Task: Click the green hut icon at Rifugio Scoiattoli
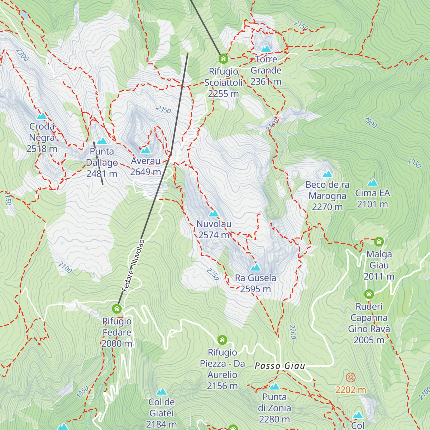pyautogui.click(x=223, y=59)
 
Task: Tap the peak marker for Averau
pyautogui.click(x=145, y=150)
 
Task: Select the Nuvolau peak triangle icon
pyautogui.click(x=214, y=214)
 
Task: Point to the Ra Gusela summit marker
pyautogui.click(x=255, y=268)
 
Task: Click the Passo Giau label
pyautogui.click(x=280, y=366)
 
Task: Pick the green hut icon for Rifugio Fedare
pyautogui.click(x=117, y=309)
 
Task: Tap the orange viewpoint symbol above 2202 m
pyautogui.click(x=350, y=377)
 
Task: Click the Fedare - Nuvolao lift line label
pyautogui.click(x=133, y=266)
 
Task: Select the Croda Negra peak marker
pyautogui.click(x=42, y=116)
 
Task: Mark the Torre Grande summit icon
pyautogui.click(x=266, y=49)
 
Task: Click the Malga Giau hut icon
pyautogui.click(x=379, y=242)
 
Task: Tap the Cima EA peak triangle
pyautogui.click(x=372, y=183)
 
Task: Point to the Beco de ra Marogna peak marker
pyautogui.click(x=327, y=175)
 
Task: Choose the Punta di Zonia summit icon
pyautogui.click(x=274, y=387)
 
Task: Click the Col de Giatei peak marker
pyautogui.click(x=161, y=391)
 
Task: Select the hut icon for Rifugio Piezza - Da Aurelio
pyautogui.click(x=222, y=340)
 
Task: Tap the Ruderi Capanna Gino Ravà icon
pyautogui.click(x=369, y=294)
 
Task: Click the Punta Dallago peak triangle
pyautogui.click(x=102, y=141)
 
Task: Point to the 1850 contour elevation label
pyautogui.click(x=82, y=392)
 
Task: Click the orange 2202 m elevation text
pyautogui.click(x=350, y=390)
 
